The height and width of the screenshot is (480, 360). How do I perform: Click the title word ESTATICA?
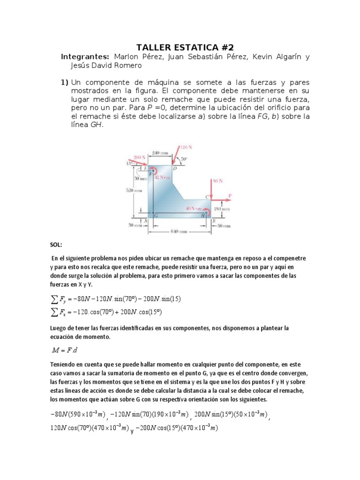191,47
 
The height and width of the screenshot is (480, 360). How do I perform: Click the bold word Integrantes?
85,57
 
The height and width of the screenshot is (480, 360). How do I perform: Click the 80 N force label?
217,180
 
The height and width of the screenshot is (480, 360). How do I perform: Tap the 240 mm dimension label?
161,152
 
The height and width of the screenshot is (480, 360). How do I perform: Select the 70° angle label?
184,159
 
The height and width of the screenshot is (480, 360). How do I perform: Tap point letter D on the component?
174,168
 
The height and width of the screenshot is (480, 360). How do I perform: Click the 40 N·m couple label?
191,208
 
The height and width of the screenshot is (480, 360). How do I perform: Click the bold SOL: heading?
56,245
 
